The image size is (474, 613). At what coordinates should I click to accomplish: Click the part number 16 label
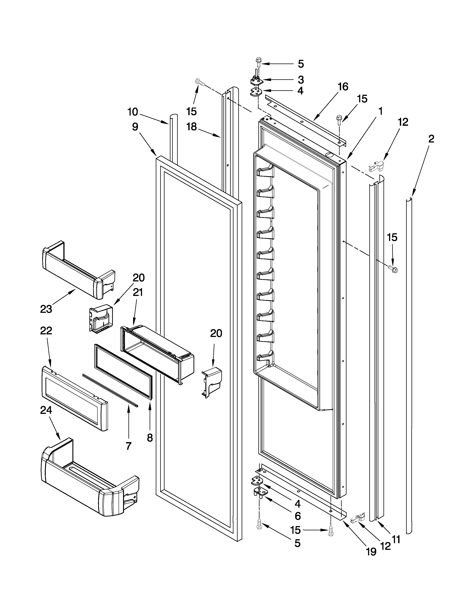pos(343,87)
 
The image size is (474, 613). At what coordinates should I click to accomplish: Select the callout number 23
pos(46,309)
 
